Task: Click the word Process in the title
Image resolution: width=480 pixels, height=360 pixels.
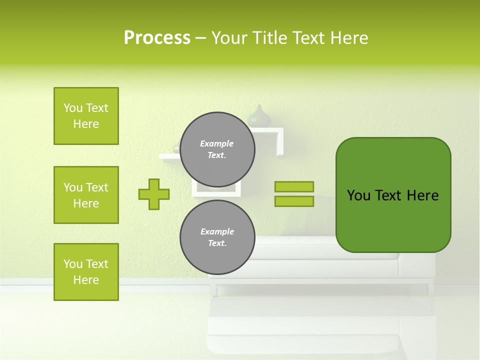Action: [157, 38]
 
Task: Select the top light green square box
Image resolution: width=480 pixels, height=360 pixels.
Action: [86, 116]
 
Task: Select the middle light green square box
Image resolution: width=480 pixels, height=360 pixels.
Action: [86, 195]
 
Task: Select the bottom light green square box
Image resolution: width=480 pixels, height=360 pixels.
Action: [86, 272]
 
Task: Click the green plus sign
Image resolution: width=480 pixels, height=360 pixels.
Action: [154, 194]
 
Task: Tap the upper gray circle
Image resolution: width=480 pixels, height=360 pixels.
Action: [217, 149]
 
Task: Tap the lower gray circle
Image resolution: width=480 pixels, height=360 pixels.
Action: [217, 237]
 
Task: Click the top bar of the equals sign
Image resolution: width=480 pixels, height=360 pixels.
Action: [294, 186]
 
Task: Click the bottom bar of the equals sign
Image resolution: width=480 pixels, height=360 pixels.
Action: [294, 201]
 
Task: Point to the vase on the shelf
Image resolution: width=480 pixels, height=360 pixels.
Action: [259, 116]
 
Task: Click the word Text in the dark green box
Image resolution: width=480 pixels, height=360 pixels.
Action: [390, 195]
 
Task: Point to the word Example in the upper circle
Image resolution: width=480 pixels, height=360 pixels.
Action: [217, 143]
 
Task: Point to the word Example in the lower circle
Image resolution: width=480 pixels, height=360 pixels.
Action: [217, 231]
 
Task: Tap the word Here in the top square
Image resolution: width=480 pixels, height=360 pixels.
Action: [86, 124]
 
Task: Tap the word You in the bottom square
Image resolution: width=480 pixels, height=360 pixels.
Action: [73, 264]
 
